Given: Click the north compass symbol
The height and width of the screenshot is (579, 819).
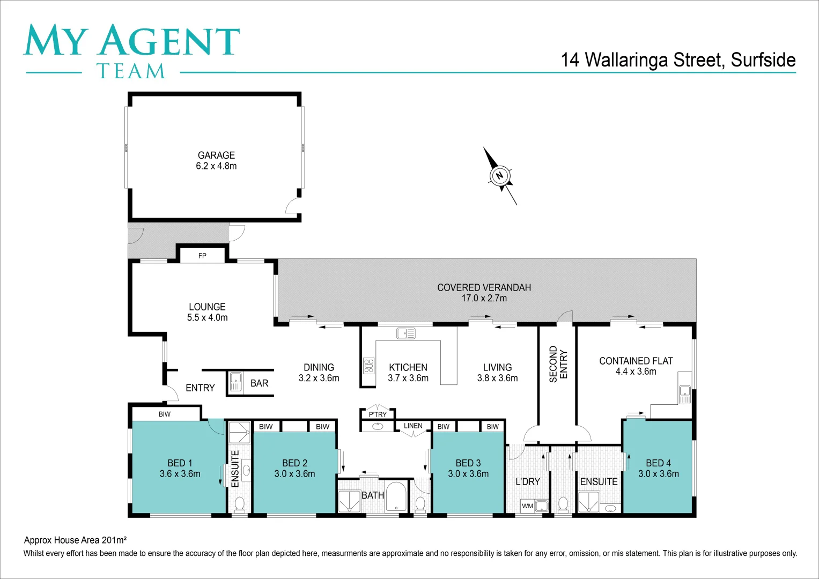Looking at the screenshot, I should [500, 176].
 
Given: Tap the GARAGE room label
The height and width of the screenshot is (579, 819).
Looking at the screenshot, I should [216, 155].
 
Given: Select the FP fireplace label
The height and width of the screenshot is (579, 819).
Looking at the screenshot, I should [202, 256].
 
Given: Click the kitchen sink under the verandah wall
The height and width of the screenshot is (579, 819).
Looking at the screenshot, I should [405, 333].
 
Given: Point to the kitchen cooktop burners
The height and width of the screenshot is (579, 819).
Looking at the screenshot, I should [368, 366].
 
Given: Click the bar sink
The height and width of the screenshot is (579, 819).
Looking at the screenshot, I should [236, 382].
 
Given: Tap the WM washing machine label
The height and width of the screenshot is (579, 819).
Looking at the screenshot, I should [528, 506].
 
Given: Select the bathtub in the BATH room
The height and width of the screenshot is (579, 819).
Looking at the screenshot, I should [397, 497].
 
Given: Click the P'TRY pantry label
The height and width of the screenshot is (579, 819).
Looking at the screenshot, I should [378, 414].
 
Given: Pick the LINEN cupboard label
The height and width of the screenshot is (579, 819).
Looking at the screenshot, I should [413, 426].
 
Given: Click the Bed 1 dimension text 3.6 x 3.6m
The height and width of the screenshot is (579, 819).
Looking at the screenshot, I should [180, 474].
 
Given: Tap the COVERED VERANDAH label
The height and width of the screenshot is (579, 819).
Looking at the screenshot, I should [484, 287].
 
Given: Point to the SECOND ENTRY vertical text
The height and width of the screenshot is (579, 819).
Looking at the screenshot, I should [558, 364].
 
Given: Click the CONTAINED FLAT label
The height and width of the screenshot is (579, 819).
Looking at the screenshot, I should [636, 361].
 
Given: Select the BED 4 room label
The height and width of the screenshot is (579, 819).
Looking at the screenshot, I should [658, 463].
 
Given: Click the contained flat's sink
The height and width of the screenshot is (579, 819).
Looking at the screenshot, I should [684, 395].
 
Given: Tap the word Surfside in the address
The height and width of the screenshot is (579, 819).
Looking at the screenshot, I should [763, 60].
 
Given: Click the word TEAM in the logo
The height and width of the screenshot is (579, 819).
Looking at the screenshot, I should [131, 71].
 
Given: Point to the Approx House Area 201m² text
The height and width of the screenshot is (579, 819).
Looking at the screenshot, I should [75, 540].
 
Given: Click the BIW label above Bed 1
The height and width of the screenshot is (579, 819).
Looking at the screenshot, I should [165, 414].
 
